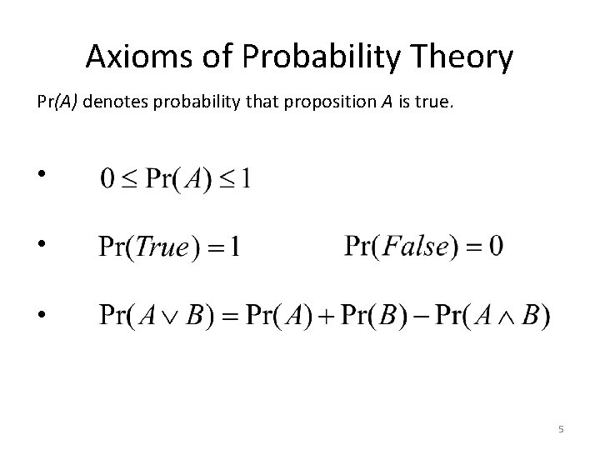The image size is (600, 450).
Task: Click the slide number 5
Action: [561, 429]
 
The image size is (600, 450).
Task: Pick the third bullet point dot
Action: [42, 315]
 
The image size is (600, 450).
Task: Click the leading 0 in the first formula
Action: [107, 179]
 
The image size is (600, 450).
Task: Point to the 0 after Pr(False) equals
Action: [496, 247]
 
